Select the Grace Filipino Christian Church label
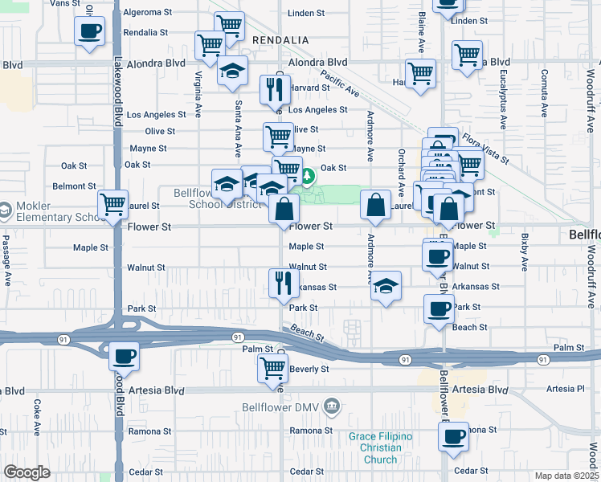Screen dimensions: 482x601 click(380, 447)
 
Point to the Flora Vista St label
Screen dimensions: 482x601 click(485, 149)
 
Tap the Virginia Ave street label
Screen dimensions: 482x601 click(198, 94)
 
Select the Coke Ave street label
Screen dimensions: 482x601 click(36, 417)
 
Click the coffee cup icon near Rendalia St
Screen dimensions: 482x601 click(89, 31)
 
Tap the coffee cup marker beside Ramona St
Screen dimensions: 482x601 click(453, 436)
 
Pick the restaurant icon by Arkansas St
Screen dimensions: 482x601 click(283, 282)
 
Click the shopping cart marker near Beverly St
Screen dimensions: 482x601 click(272, 368)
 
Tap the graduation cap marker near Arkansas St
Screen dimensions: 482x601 click(386, 286)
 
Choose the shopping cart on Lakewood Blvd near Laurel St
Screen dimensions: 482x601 click(112, 204)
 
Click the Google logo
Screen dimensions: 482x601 click(27, 472)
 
